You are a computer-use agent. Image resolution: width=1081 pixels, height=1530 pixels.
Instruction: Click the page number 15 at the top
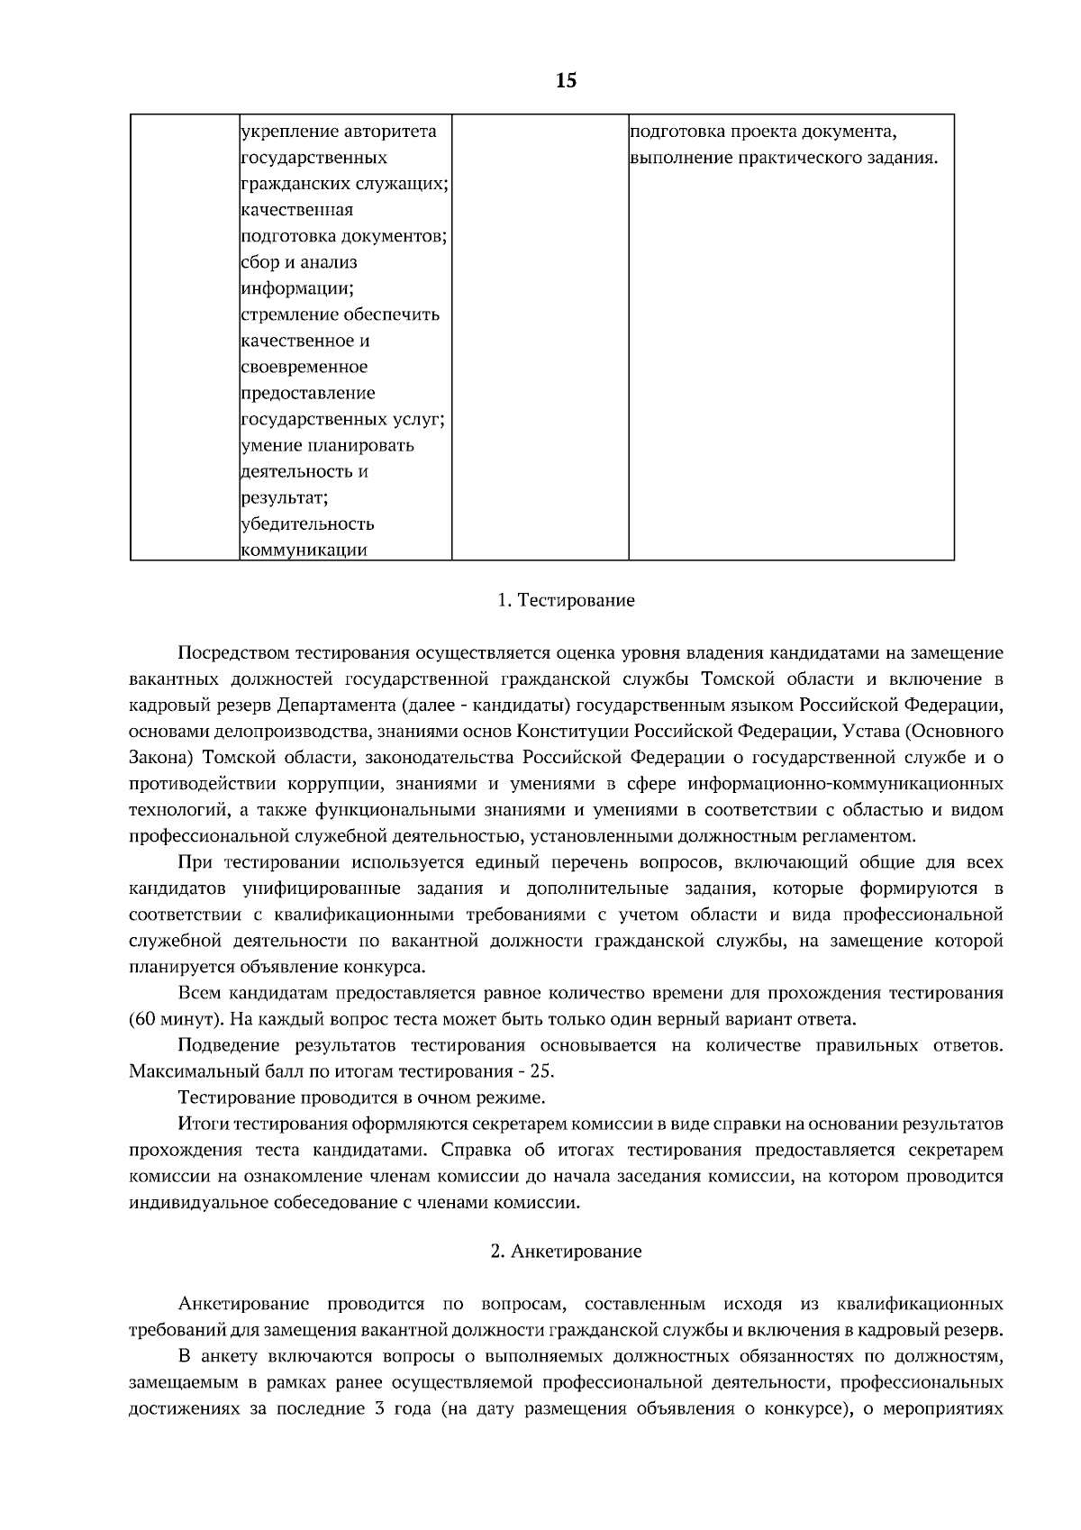[x=566, y=81]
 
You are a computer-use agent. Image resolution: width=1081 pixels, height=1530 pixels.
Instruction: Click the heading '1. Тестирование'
[x=566, y=600]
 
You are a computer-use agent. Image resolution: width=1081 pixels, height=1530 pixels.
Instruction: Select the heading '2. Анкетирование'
[x=566, y=1252]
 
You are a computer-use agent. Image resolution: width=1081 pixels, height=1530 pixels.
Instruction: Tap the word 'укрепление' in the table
[x=289, y=132]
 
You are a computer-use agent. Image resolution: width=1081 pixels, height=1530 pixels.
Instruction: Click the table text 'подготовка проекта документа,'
[x=763, y=132]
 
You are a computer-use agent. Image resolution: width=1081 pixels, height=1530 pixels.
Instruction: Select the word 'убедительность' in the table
[x=308, y=524]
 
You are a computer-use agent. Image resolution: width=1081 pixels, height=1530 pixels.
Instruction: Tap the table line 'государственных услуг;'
[x=344, y=420]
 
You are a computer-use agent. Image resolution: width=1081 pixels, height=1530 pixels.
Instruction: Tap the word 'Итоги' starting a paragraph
[x=202, y=1125]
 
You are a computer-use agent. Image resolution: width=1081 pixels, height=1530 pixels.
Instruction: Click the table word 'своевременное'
[x=304, y=368]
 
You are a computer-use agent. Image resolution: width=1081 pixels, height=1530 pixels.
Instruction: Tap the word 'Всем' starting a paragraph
[x=199, y=994]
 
